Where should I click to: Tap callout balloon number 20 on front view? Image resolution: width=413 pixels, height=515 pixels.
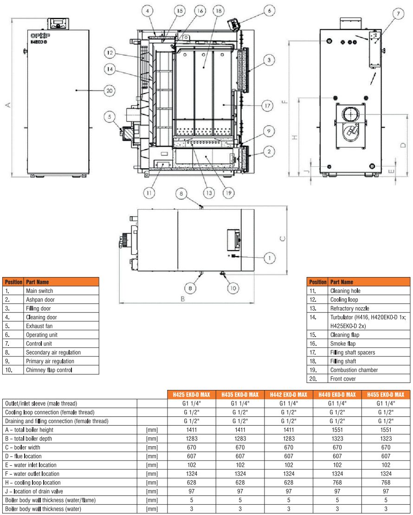(109, 91)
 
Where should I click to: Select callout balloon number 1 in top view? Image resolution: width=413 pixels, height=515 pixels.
(270, 257)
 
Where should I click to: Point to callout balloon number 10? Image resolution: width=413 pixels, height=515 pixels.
(233, 288)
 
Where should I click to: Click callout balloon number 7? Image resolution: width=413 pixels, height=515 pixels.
(398, 14)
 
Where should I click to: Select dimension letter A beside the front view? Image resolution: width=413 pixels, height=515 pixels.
(7, 106)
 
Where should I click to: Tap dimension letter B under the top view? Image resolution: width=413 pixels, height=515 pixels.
(182, 299)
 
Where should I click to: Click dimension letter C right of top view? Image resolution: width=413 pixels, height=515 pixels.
(283, 239)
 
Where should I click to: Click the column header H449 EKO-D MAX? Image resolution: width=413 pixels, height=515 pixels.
(337, 395)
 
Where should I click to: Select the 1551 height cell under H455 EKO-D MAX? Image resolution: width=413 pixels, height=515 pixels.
(385, 430)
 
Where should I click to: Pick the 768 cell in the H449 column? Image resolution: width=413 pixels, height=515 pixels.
(337, 482)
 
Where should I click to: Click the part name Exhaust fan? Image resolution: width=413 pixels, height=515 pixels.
(39, 326)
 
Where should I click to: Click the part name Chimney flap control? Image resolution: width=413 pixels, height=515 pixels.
(48, 370)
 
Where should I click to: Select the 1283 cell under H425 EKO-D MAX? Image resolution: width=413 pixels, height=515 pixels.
(191, 438)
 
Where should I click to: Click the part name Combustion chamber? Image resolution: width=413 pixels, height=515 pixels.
(354, 370)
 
